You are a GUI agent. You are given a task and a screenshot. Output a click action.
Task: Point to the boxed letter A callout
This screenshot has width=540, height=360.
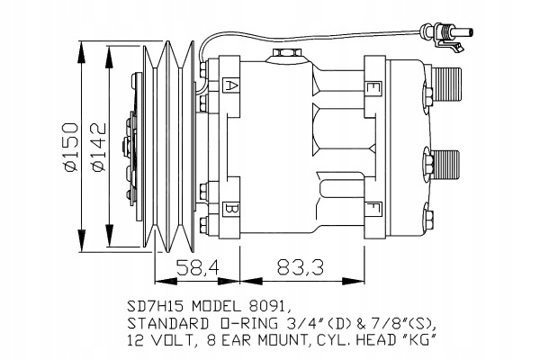click(230, 85)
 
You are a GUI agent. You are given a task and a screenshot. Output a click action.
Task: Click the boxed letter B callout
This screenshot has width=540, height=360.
click(230, 208)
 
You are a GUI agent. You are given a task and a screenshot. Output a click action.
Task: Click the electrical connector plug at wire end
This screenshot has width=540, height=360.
click(445, 35)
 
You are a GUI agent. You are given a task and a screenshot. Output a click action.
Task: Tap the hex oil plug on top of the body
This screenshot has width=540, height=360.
click(288, 54)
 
